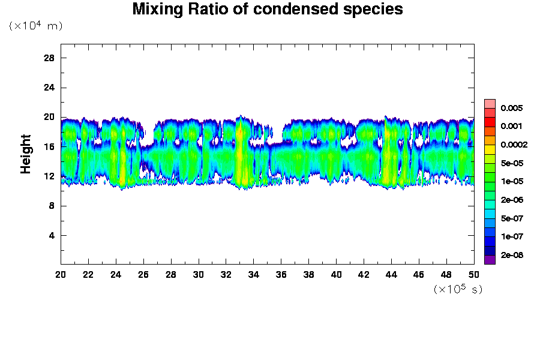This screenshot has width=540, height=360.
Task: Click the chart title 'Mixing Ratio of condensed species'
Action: tap(268, 10)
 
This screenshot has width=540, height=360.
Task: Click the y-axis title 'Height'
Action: tap(26, 161)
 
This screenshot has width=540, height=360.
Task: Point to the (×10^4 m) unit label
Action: tap(35, 26)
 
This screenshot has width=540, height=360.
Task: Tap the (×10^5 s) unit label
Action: tap(458, 289)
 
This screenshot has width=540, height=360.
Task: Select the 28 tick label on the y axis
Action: tap(49, 58)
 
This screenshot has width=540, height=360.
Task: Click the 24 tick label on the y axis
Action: tap(49, 87)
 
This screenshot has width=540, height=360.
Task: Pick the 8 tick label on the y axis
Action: tap(52, 206)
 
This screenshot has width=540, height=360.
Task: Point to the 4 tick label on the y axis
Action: tap(52, 235)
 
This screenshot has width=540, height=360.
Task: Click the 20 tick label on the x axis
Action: tap(61, 274)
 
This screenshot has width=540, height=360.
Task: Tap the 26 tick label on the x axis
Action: tap(143, 274)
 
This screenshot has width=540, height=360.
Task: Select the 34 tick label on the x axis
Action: tap(254, 274)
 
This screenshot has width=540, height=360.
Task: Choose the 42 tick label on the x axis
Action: tap(364, 274)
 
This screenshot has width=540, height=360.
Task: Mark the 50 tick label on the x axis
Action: tap(474, 274)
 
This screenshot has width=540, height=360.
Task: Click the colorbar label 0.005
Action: tap(512, 109)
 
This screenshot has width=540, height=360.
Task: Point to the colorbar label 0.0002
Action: tap(514, 145)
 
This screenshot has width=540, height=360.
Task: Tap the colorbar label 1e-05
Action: tap(512, 181)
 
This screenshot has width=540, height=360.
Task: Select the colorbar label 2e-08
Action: tap(512, 255)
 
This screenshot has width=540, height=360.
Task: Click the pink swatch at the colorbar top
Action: tap(490, 103)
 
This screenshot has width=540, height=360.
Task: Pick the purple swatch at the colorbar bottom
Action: tap(490, 259)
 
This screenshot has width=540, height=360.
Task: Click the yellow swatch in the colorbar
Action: tap(490, 149)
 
